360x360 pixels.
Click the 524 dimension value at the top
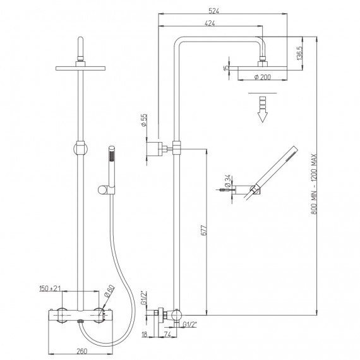click(x=213, y=11)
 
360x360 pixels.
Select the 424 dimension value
click(x=210, y=23)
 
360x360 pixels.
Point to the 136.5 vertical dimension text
click(x=300, y=53)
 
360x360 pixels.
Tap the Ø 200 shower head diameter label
click(x=263, y=77)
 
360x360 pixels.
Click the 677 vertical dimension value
click(x=204, y=231)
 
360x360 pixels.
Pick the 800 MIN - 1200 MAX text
click(x=314, y=184)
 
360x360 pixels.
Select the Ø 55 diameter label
click(x=143, y=121)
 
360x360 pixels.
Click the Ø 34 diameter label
click(x=227, y=182)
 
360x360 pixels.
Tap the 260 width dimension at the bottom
click(x=82, y=351)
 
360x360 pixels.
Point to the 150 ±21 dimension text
click(x=50, y=289)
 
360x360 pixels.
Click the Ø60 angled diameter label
click(x=109, y=291)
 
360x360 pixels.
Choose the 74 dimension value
click(x=168, y=335)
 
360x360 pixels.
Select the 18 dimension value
click(x=144, y=335)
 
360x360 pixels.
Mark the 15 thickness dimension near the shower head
click(x=226, y=68)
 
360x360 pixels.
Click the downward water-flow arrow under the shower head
click(x=263, y=109)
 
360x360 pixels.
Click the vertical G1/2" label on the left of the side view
click(x=144, y=297)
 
